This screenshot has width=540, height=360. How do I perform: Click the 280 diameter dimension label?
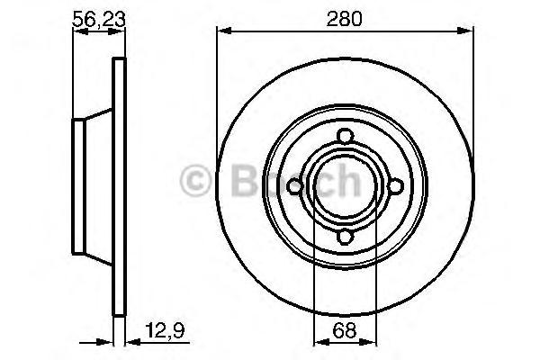coord(344,19)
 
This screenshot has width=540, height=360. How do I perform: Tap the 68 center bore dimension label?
coord(344,330)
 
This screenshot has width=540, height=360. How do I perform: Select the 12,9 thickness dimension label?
coord(165,330)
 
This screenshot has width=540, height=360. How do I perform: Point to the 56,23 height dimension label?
coord(98,19)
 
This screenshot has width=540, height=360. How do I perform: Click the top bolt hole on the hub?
coord(345,136)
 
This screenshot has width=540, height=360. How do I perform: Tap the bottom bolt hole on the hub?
coord(345,237)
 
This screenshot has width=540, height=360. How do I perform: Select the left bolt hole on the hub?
coord(294,186)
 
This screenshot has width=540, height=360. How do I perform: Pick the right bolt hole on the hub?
coord(396,186)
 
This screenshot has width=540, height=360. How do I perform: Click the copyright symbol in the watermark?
coord(195,180)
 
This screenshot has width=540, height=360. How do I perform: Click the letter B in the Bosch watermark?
coord(246,180)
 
